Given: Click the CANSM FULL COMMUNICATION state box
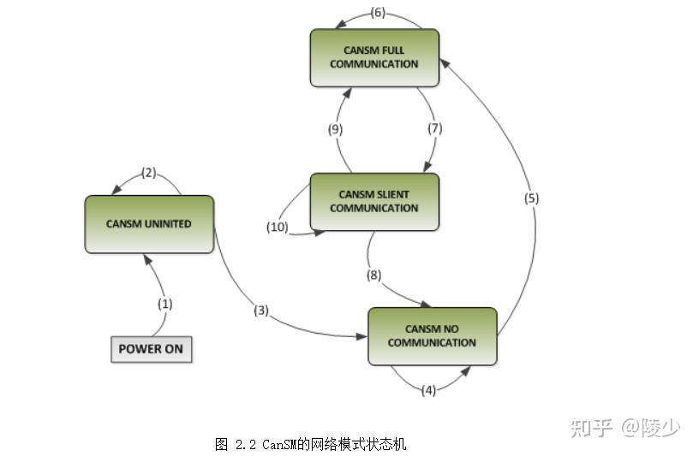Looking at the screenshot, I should click(x=374, y=57).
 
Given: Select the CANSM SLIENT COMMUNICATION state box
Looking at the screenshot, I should click(x=374, y=202).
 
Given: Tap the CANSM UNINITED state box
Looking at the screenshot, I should click(x=149, y=224).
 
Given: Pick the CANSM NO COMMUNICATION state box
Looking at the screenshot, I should click(x=432, y=336).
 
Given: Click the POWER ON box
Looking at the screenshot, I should click(x=151, y=349).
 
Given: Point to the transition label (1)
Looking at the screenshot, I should click(x=164, y=303).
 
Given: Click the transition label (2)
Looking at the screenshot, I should click(x=148, y=173).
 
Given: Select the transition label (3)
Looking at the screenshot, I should click(x=261, y=310).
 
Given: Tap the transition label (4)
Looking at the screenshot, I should click(x=429, y=390).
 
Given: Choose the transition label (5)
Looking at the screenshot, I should click(x=532, y=198).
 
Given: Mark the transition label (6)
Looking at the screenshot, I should click(x=378, y=12).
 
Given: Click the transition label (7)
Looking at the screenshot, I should click(x=433, y=129).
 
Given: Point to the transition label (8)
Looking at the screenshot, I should click(x=373, y=275).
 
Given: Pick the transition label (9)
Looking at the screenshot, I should click(x=335, y=129).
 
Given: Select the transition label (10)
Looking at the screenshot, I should click(x=278, y=227).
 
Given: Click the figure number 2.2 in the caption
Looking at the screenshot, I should click(x=246, y=444).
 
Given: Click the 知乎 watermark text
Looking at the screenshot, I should click(x=592, y=427).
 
